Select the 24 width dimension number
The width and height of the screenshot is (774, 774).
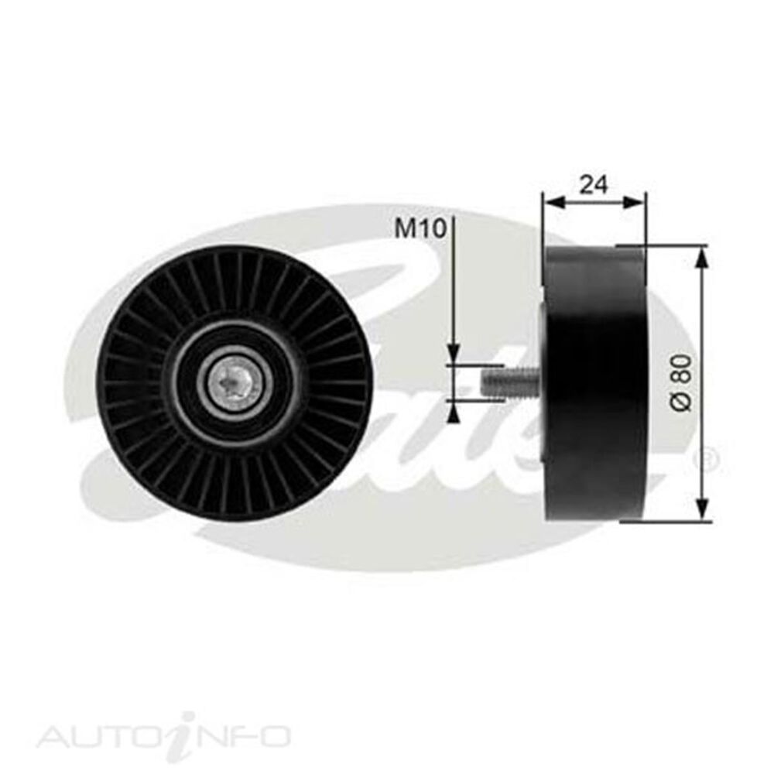pos(594,184)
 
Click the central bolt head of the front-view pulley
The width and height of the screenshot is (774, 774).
pos(234,381)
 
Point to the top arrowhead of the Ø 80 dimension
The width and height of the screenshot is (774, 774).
pos(701,255)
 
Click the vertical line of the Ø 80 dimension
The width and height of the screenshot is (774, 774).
pos(701,325)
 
